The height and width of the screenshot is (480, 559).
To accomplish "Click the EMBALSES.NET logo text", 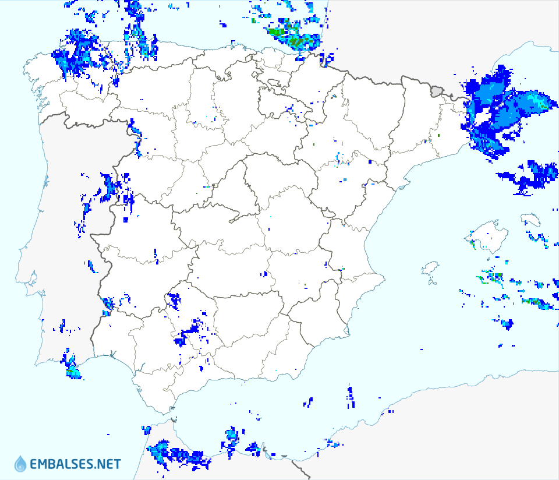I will tap(75, 464).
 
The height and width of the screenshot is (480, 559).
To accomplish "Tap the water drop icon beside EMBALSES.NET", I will tap(21, 464).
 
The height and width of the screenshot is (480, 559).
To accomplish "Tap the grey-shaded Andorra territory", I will tap(436, 90).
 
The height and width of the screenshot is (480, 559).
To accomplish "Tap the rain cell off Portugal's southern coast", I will tap(71, 367).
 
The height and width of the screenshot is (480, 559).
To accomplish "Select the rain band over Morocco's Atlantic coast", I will tap(175, 454).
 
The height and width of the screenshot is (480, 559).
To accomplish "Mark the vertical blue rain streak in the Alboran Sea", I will tap(351, 396).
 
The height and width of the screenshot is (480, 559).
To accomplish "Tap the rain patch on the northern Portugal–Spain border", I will tap(135, 131).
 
